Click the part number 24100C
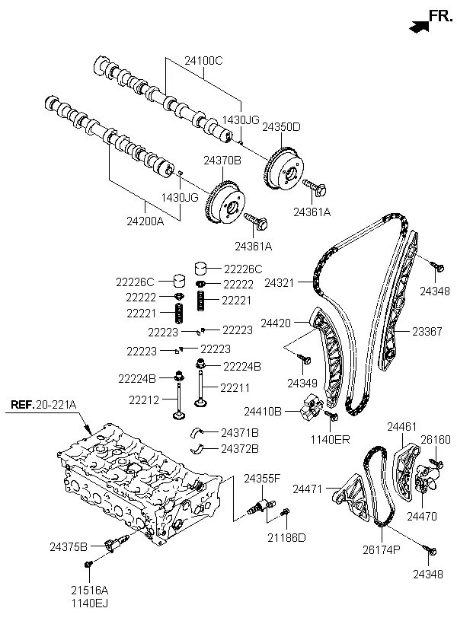coord(203,61)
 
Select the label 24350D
coord(281,127)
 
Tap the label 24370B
coord(222,161)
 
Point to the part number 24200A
coord(145,221)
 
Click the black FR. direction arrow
coord(419,27)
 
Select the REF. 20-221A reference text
coord(43,405)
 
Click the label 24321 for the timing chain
coord(280,283)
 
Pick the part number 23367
coord(427,331)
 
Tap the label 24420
coord(276,323)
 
